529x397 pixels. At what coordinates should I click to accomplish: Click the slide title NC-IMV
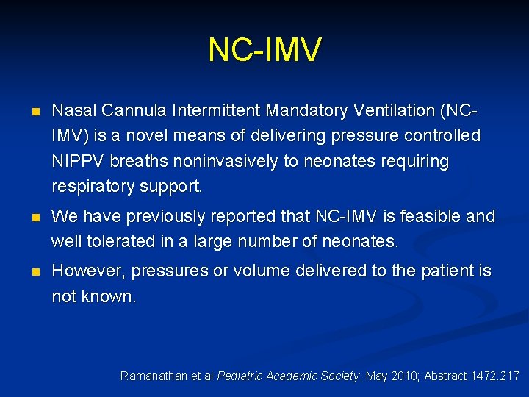[x=264, y=50]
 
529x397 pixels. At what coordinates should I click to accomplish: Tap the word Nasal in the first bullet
[x=74, y=111]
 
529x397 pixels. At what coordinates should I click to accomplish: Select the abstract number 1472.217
[x=492, y=376]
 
